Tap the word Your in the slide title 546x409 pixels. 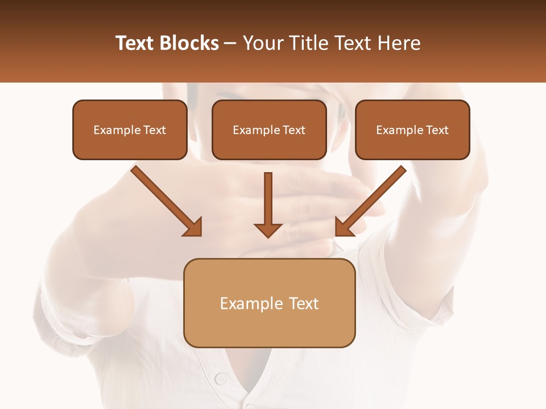coord(262,43)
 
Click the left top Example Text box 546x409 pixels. coord(130,130)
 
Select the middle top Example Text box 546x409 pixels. coord(269,130)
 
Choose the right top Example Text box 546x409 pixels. coord(412,130)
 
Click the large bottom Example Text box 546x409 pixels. coord(269,303)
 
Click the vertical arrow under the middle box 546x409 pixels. coord(268,199)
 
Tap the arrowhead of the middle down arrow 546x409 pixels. coord(268,229)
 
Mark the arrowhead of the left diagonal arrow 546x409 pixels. coord(194,228)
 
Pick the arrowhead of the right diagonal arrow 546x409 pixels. coord(343,228)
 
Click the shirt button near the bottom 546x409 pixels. coord(221,378)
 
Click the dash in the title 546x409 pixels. coord(230,44)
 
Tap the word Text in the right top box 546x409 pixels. coord(437,130)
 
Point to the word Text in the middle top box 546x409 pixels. coord(293,130)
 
